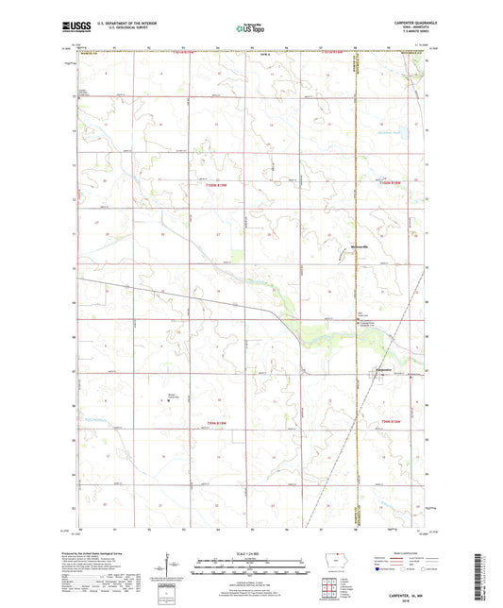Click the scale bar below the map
click(x=250, y=569)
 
